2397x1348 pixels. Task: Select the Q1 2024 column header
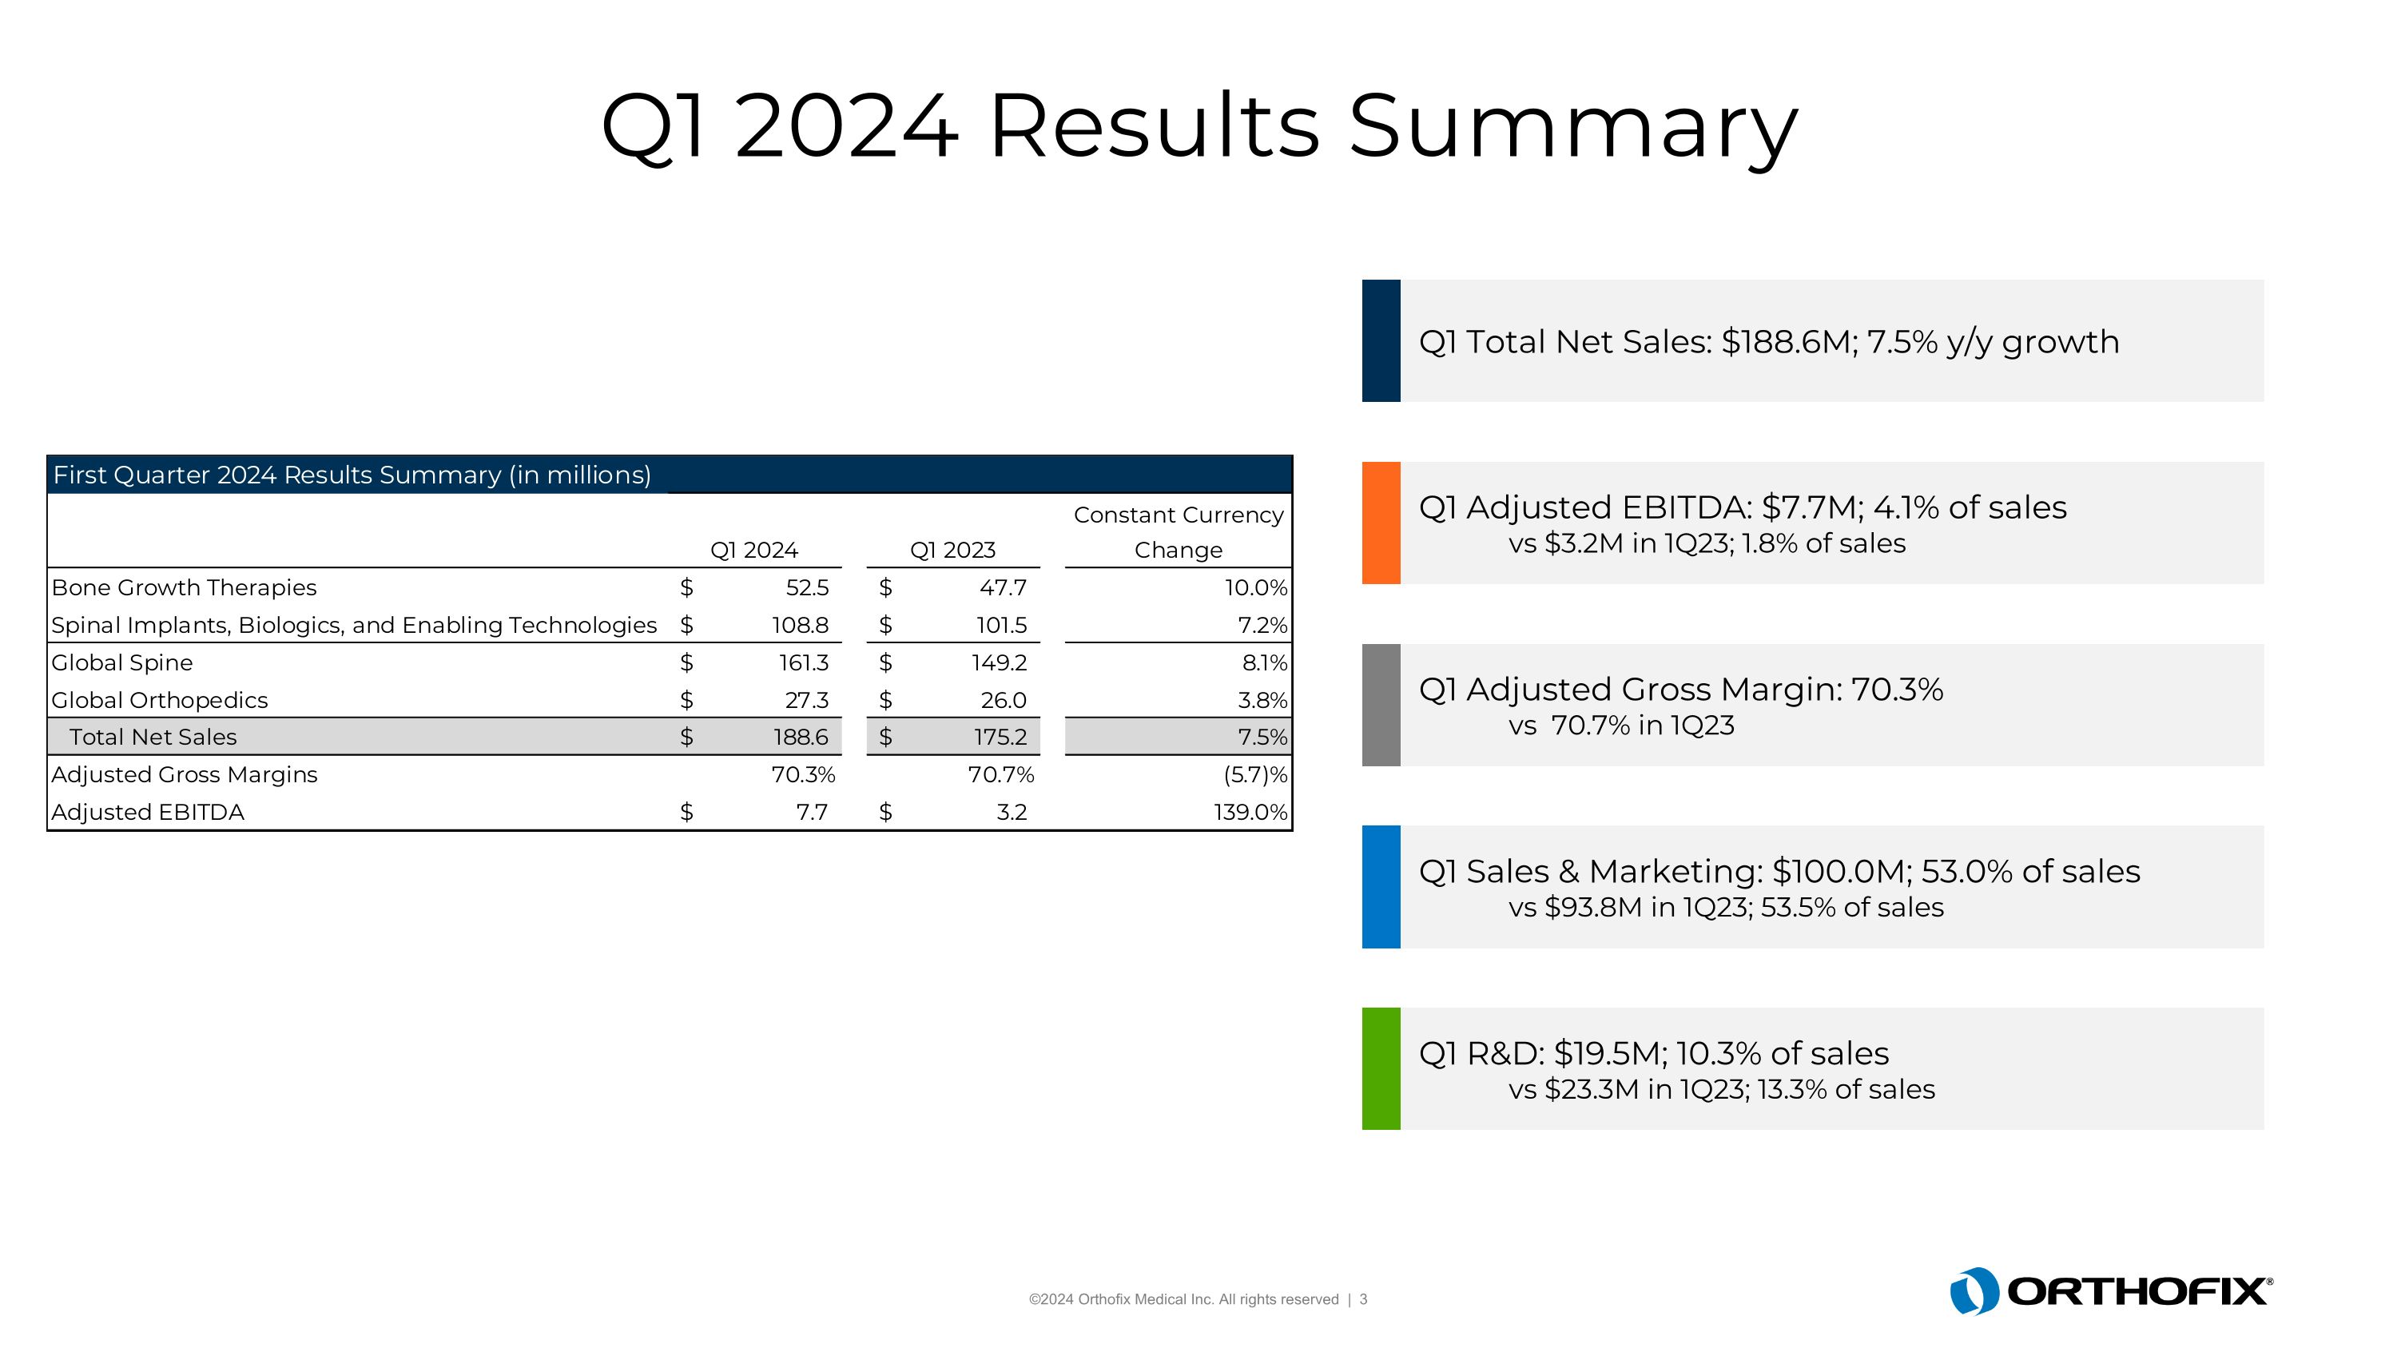tap(753, 550)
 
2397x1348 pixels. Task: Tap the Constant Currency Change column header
tap(1178, 532)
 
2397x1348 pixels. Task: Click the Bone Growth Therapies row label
tap(185, 588)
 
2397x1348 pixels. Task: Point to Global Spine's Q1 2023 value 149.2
tap(999, 662)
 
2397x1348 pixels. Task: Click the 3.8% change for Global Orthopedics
tap(1262, 700)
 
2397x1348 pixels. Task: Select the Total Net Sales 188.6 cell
tap(801, 737)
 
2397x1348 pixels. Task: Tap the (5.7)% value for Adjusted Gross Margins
tap(1255, 774)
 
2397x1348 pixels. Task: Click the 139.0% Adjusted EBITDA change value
tap(1250, 812)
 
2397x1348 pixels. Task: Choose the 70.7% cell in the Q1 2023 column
tap(1000, 774)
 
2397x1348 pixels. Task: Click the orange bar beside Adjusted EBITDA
tap(1381, 523)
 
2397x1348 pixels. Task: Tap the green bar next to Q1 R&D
tap(1381, 1068)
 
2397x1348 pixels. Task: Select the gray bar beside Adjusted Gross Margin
tap(1381, 706)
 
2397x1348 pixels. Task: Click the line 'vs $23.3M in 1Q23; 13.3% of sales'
tap(1722, 1089)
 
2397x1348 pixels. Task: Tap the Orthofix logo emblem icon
tap(1974, 1291)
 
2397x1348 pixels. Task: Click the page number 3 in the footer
tap(1363, 1299)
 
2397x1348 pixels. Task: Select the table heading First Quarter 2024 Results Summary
tap(352, 475)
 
